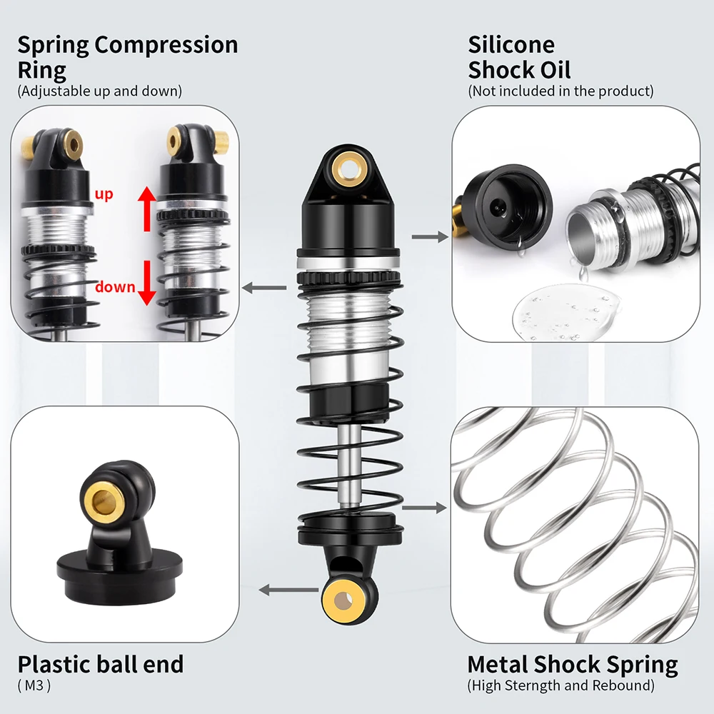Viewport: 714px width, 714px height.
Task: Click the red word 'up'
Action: click(104, 195)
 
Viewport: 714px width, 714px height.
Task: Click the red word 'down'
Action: click(115, 287)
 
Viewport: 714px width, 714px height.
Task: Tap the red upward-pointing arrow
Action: click(147, 208)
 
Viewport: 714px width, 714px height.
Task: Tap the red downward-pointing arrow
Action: click(146, 282)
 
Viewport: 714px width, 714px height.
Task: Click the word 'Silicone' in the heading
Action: click(511, 44)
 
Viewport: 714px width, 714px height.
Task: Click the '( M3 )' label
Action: click(34, 685)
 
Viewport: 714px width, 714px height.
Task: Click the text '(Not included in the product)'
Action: click(560, 91)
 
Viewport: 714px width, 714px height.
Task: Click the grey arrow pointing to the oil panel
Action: click(430, 237)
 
